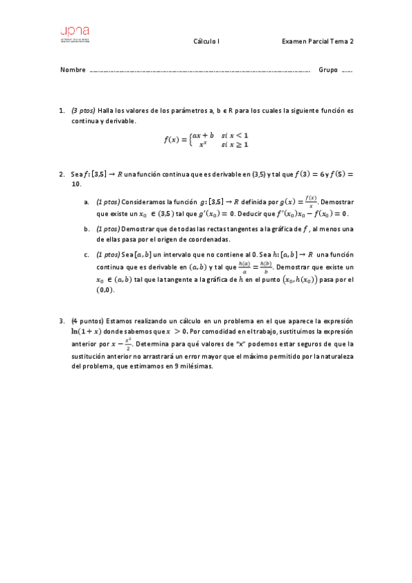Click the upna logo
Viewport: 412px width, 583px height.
pyautogui.click(x=75, y=33)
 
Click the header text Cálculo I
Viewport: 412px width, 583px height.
pyautogui.click(x=206, y=41)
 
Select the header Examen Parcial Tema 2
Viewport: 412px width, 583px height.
pyautogui.click(x=318, y=41)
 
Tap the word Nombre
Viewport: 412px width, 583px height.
pyautogui.click(x=73, y=70)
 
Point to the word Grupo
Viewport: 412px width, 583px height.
pyautogui.click(x=328, y=70)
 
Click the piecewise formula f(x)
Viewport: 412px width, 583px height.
pyautogui.click(x=206, y=140)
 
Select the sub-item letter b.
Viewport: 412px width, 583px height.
pyautogui.click(x=87, y=229)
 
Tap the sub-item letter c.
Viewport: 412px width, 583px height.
pyautogui.click(x=87, y=254)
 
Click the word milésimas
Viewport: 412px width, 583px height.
pyautogui.click(x=197, y=366)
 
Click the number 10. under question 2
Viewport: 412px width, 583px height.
pyautogui.click(x=76, y=184)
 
